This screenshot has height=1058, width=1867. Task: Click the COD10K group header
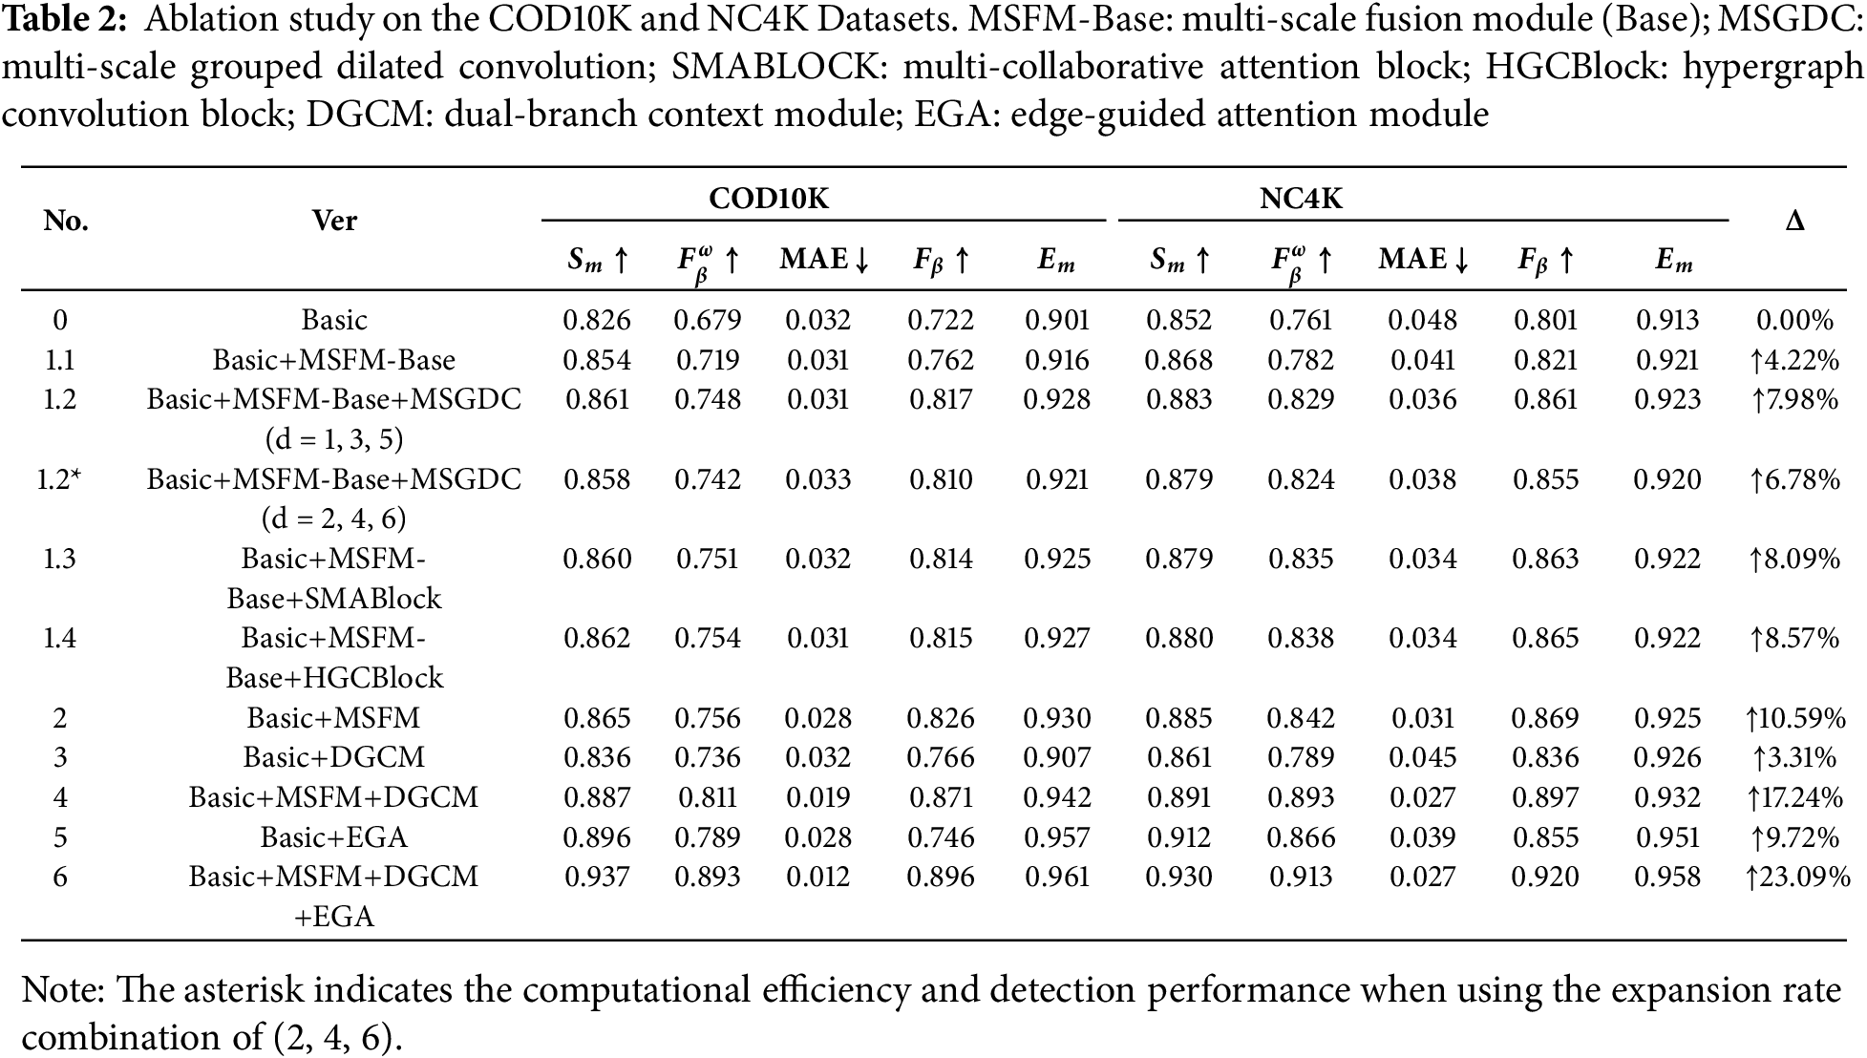pyautogui.click(x=769, y=198)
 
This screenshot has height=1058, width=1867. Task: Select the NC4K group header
pyautogui.click(x=1301, y=198)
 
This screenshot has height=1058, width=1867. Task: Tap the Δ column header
pyautogui.click(x=1794, y=222)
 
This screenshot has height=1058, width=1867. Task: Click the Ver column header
pyautogui.click(x=334, y=221)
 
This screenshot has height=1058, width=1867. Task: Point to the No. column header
pyautogui.click(x=66, y=221)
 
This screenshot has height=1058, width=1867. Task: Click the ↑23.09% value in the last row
pyautogui.click(x=1796, y=877)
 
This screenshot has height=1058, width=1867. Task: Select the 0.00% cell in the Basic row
pyautogui.click(x=1795, y=320)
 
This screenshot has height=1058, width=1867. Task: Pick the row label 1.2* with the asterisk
pyautogui.click(x=59, y=478)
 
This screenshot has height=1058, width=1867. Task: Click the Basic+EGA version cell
pyautogui.click(x=334, y=837)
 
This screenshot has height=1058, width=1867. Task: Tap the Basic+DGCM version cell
pyautogui.click(x=334, y=757)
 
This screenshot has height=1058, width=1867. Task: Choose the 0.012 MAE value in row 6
pyautogui.click(x=817, y=877)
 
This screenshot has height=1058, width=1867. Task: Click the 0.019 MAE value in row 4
pyautogui.click(x=817, y=797)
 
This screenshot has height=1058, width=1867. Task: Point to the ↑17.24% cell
pyautogui.click(x=1796, y=797)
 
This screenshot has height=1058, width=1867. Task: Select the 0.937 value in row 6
pyautogui.click(x=597, y=877)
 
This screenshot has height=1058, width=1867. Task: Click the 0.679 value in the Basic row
pyautogui.click(x=708, y=320)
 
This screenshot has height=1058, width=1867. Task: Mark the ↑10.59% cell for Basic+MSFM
pyautogui.click(x=1796, y=718)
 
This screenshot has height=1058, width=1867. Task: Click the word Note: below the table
pyautogui.click(x=64, y=991)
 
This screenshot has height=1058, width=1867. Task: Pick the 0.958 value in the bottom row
pyautogui.click(x=1667, y=877)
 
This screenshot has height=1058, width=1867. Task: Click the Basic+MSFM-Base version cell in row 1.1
pyautogui.click(x=334, y=360)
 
